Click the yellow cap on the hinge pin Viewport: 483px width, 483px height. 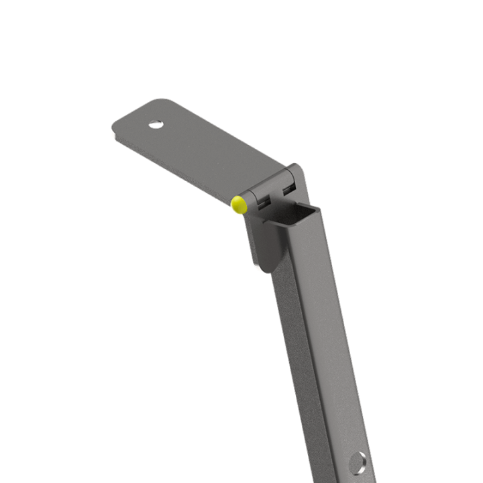pyautogui.click(x=238, y=204)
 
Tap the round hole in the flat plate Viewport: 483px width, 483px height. pyautogui.click(x=156, y=124)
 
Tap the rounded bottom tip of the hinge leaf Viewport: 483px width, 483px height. pyautogui.click(x=264, y=267)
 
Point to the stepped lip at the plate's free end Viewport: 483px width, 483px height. pyautogui.click(x=115, y=134)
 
